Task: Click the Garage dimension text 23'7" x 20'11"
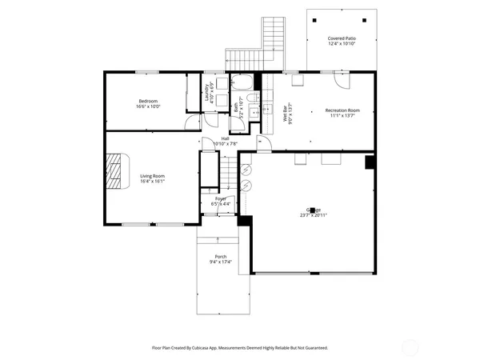314,215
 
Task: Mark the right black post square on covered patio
365,20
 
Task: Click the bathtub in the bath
242,83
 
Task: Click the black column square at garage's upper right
370,162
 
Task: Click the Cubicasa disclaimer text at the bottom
240,348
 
